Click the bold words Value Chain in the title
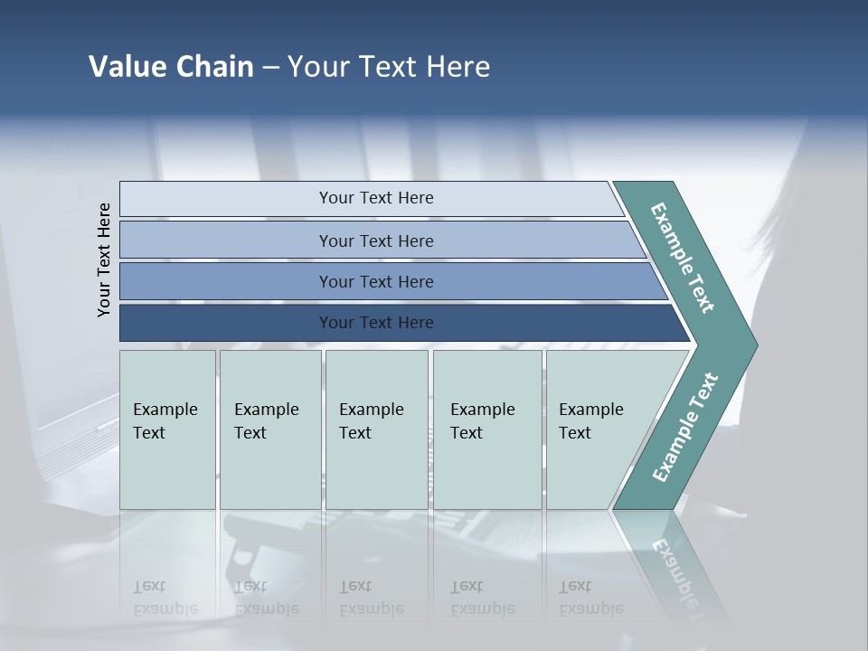pyautogui.click(x=171, y=67)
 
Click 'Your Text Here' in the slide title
pyautogui.click(x=389, y=67)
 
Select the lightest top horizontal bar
pyautogui.click(x=375, y=198)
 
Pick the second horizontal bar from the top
pyautogui.click(x=375, y=241)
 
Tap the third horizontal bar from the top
pyautogui.click(x=375, y=281)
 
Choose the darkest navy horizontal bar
pyautogui.click(x=375, y=323)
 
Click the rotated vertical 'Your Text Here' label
pyautogui.click(x=104, y=259)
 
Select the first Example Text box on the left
pyautogui.click(x=167, y=429)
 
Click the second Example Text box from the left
pyautogui.click(x=269, y=429)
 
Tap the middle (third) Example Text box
pyautogui.click(x=376, y=429)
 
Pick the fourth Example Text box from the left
pyautogui.click(x=487, y=429)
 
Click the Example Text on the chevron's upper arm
pyautogui.click(x=684, y=258)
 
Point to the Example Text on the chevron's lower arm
pyautogui.click(x=684, y=427)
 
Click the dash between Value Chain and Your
pyautogui.click(x=270, y=68)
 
